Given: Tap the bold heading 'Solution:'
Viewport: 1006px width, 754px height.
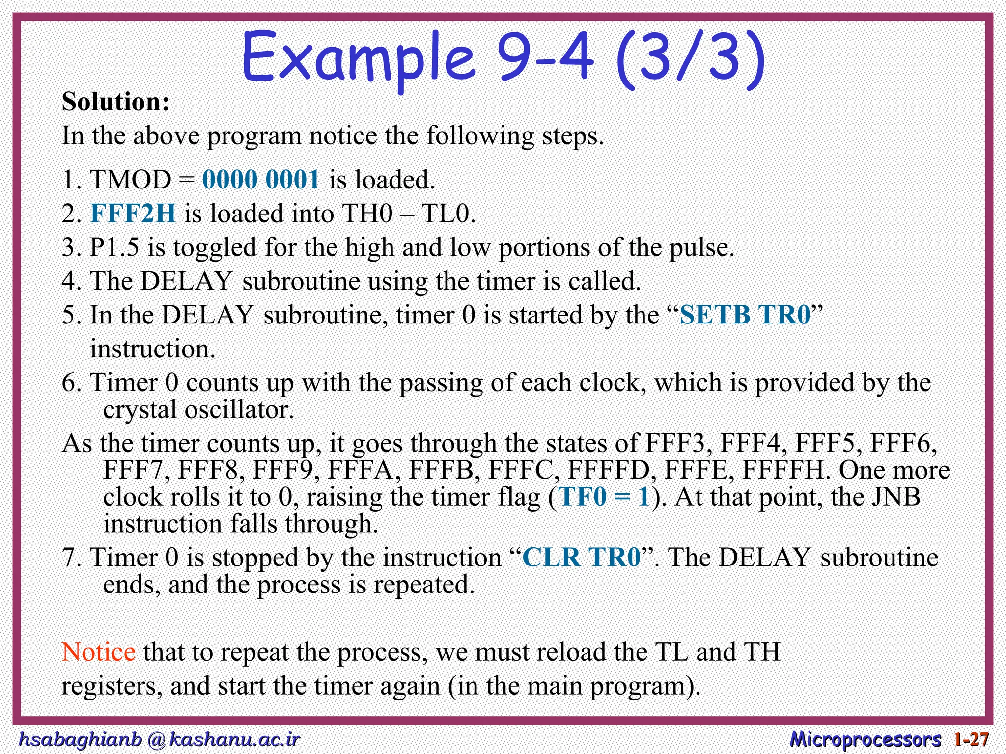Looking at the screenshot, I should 116,102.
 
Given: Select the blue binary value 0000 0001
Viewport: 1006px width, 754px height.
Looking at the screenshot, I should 261,180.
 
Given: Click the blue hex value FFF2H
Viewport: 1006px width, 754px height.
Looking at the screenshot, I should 133,214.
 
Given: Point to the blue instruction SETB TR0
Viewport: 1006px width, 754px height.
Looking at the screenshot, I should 745,315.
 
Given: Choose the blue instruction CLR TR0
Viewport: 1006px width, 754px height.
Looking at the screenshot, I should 582,558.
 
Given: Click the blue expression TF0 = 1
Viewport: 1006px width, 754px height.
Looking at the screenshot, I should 604,497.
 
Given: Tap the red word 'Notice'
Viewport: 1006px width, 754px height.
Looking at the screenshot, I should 98,652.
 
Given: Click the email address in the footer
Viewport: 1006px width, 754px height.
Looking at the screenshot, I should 159,739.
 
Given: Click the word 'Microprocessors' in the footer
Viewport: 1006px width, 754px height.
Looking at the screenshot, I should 866,739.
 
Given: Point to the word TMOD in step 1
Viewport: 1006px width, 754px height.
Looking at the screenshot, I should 131,180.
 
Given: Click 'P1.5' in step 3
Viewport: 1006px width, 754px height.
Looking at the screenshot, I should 114,247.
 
